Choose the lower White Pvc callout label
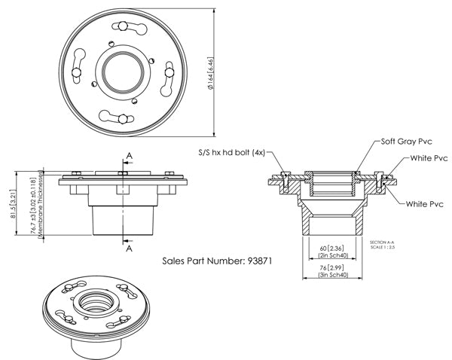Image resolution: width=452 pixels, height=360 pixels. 425,204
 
